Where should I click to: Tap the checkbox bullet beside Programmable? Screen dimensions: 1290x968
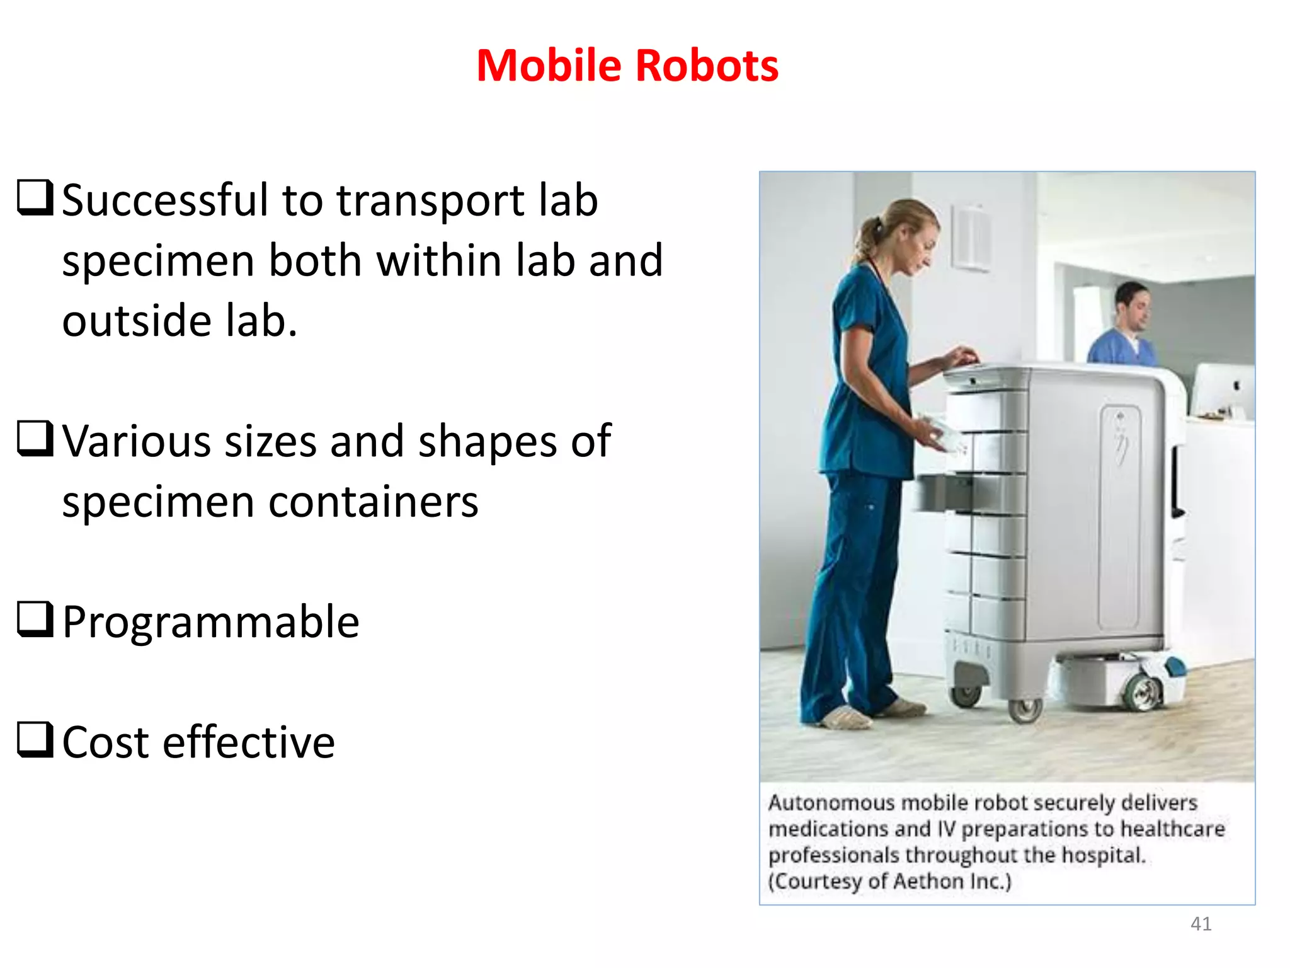click(34, 619)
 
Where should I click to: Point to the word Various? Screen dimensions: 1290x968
click(136, 441)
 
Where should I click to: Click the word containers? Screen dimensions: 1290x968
click(374, 502)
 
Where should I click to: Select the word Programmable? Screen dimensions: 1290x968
click(211, 622)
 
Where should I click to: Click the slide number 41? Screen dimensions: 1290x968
click(1201, 923)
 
